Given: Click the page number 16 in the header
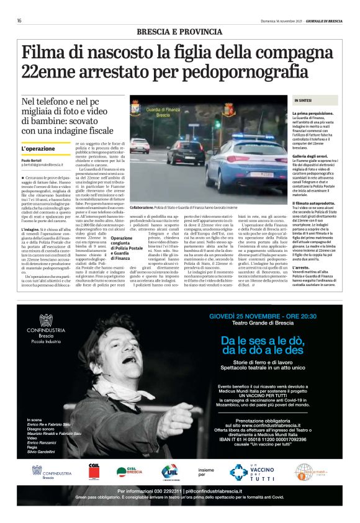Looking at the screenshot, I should pos(19,20).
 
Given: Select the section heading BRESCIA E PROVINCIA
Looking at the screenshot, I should pos(180,31).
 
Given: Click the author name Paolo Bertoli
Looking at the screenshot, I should pos(32,161).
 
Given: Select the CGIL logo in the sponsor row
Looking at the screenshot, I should pos(94,471).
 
